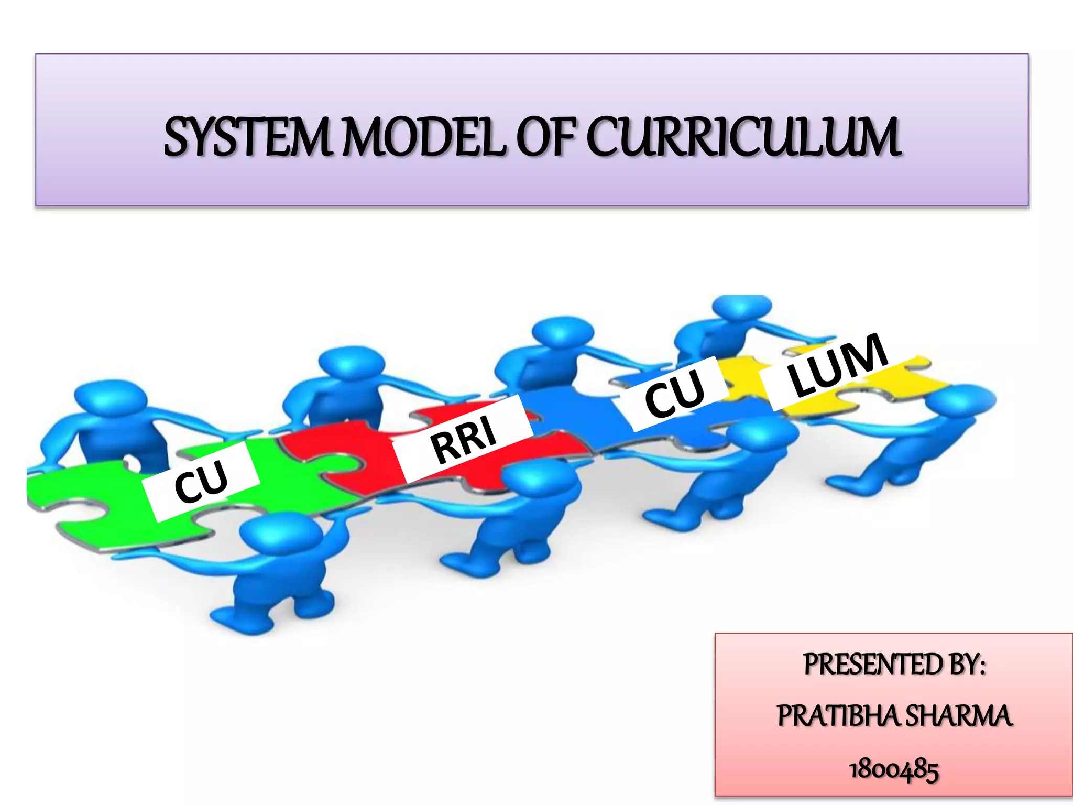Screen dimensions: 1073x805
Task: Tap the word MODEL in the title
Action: point(424,137)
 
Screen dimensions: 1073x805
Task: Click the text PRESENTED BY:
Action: point(894,665)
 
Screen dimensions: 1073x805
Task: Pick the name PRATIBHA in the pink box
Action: point(839,716)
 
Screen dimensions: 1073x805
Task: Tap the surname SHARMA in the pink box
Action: point(959,716)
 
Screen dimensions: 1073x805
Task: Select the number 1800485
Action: point(894,769)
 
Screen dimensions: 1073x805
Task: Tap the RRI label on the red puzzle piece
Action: point(464,439)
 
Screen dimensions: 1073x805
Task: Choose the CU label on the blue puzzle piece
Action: point(675,392)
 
